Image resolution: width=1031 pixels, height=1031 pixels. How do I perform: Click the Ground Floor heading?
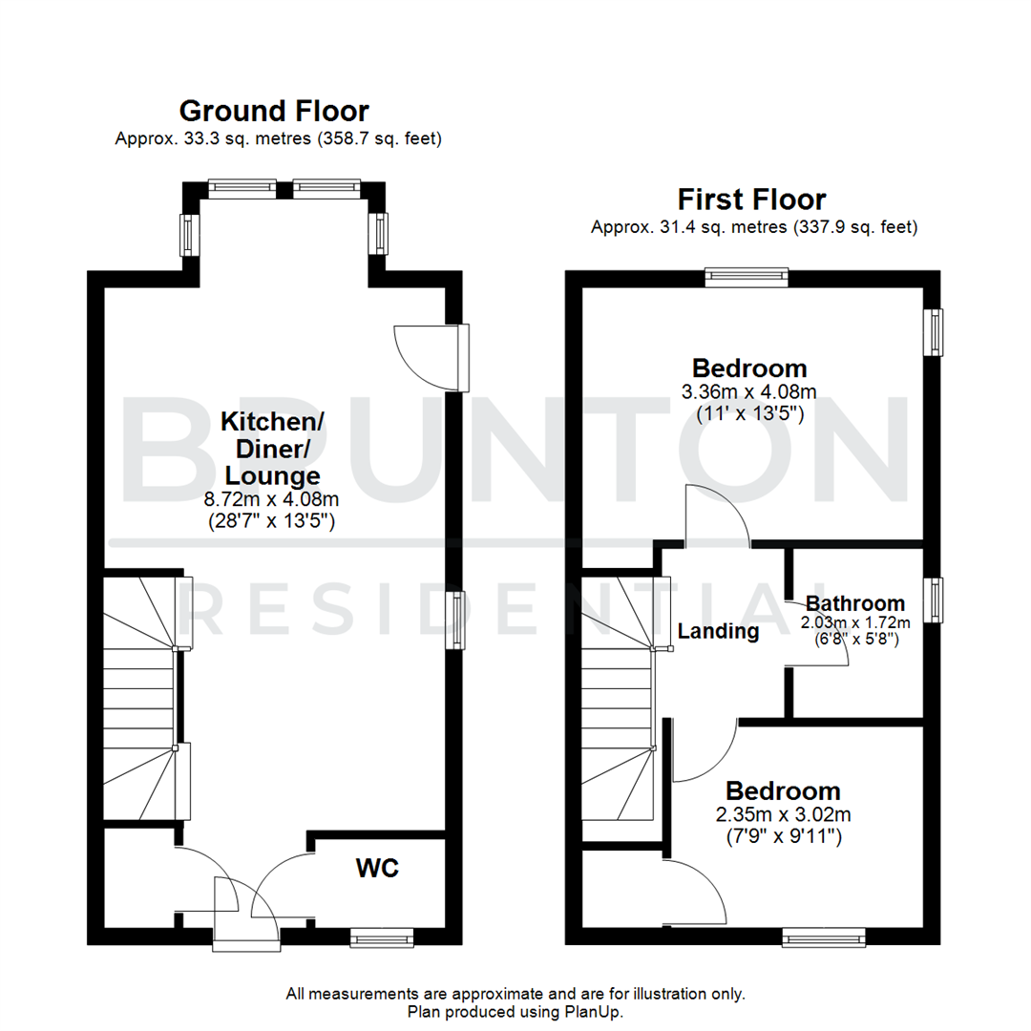coord(274,111)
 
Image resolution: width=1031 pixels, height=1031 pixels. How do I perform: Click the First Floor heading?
coord(751,200)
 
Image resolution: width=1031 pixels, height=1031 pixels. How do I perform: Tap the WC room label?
coord(377,869)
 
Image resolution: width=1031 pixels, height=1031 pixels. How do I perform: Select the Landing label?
coord(718,631)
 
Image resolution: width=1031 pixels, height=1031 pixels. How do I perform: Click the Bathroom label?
coord(855,603)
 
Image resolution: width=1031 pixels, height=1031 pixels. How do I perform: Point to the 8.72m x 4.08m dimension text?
coord(273,498)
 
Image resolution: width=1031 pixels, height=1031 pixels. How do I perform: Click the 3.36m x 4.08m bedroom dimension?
coord(749,392)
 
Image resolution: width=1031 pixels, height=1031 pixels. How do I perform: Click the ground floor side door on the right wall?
coord(462,357)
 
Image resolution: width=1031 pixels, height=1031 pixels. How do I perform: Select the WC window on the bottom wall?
coord(382,939)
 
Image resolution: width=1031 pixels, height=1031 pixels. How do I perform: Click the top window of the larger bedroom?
coord(747,278)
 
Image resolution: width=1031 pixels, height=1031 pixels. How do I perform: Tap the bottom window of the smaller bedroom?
coord(824,939)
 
